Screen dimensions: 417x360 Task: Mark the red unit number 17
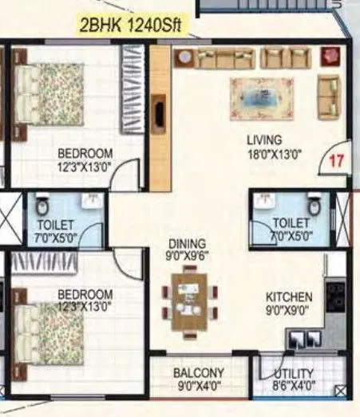point(336,159)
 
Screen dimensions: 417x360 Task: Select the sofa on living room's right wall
point(328,96)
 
